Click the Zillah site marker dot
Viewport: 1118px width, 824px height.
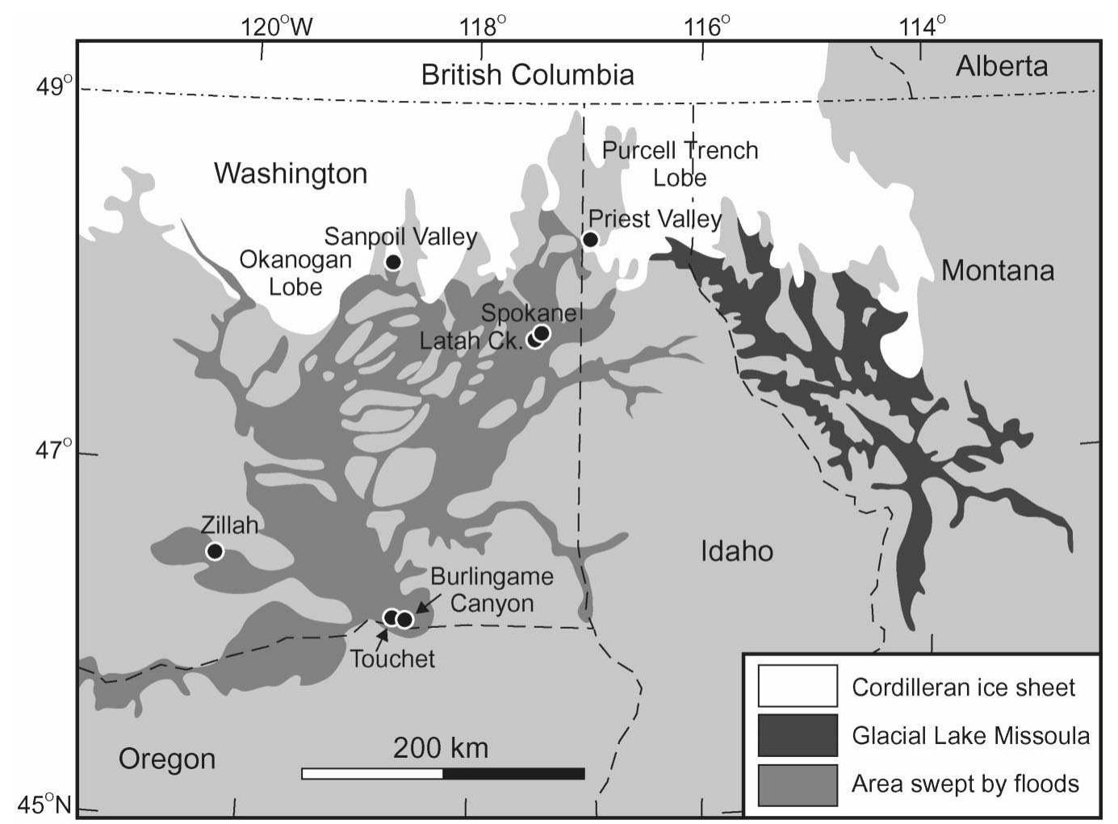pyautogui.click(x=214, y=551)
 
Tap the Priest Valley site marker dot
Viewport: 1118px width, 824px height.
pyautogui.click(x=590, y=239)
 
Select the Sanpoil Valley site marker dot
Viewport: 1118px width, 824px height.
pyautogui.click(x=393, y=261)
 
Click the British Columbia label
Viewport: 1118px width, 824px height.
pyautogui.click(x=527, y=75)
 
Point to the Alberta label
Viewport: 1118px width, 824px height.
pyautogui.click(x=1001, y=66)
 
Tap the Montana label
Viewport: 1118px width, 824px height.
pyautogui.click(x=997, y=270)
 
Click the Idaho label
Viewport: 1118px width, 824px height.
pyautogui.click(x=736, y=551)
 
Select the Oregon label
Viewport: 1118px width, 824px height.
pyautogui.click(x=167, y=759)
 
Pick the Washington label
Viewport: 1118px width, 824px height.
pyautogui.click(x=291, y=173)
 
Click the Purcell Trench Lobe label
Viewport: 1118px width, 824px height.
pyautogui.click(x=680, y=164)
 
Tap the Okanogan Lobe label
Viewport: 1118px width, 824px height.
pyautogui.click(x=295, y=273)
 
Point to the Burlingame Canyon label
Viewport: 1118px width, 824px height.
pyautogui.click(x=492, y=589)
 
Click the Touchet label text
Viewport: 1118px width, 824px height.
pyautogui.click(x=392, y=659)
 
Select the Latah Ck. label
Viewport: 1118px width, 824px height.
pyautogui.click(x=471, y=341)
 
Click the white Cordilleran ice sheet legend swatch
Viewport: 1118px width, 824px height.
pyautogui.click(x=797, y=686)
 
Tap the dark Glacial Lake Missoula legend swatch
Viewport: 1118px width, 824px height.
pyautogui.click(x=797, y=735)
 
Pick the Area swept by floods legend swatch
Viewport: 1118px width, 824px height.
pyautogui.click(x=797, y=784)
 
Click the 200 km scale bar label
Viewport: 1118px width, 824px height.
pyautogui.click(x=441, y=748)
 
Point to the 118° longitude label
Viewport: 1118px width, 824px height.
pyautogui.click(x=483, y=27)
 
